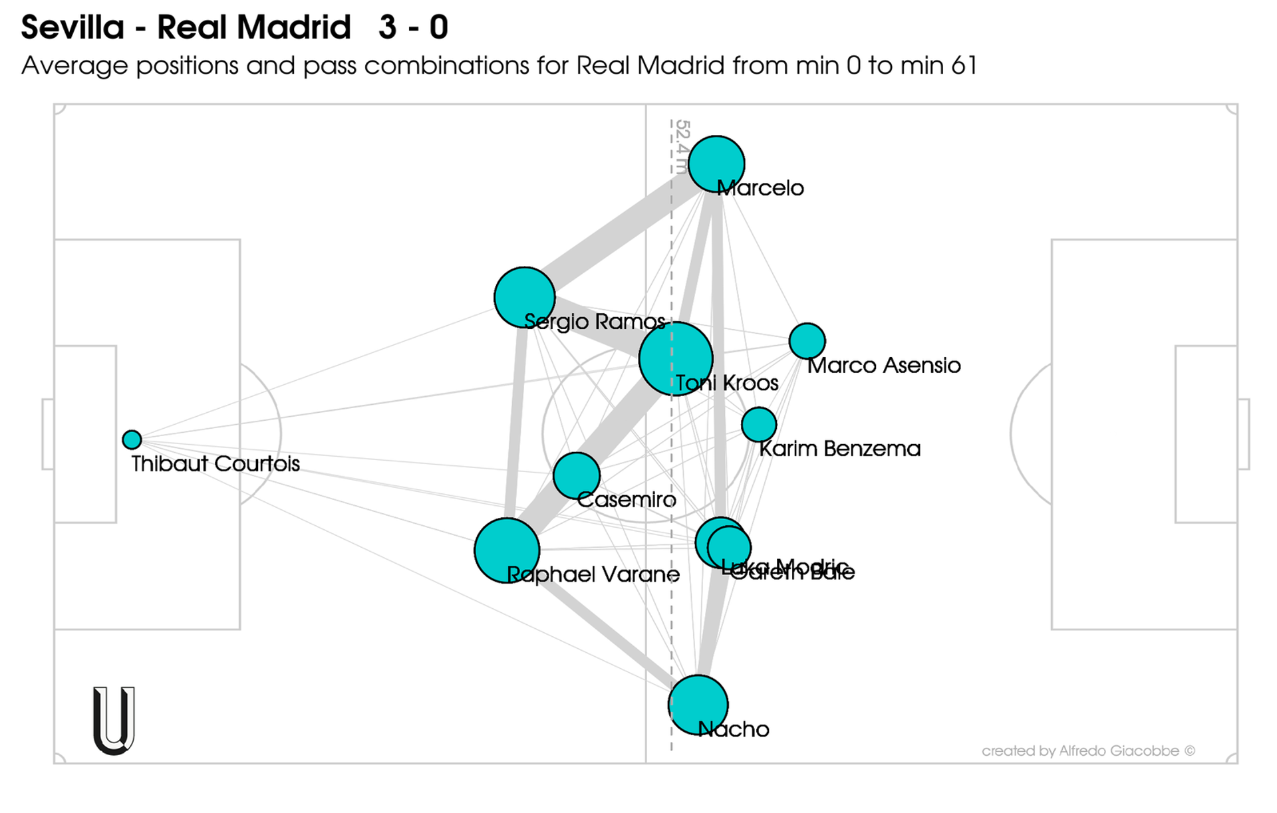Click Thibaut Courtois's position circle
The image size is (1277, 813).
click(x=132, y=439)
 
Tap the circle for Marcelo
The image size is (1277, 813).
click(x=716, y=164)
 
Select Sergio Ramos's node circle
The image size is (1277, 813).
click(x=524, y=297)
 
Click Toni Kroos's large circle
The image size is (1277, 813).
click(x=675, y=358)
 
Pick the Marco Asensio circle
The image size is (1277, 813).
click(x=807, y=341)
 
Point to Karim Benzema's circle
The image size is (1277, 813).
click(x=758, y=424)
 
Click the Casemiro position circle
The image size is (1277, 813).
click(x=576, y=475)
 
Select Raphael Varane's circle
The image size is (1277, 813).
click(x=507, y=550)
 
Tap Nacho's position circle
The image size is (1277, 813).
click(x=698, y=705)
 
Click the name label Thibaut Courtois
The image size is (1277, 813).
click(x=215, y=463)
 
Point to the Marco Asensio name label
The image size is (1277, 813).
click(x=884, y=365)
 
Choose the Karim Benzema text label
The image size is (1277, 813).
click(x=840, y=449)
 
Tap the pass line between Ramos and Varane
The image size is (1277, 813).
click(x=515, y=425)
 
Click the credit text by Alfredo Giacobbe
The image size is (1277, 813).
click(x=1088, y=751)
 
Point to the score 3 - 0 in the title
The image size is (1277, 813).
click(x=413, y=28)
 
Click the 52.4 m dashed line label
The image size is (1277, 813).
click(x=682, y=146)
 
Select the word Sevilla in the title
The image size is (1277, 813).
click(x=72, y=28)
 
